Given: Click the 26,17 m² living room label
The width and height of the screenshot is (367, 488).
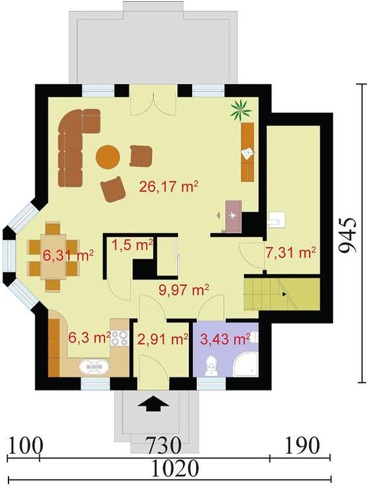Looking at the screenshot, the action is click(x=169, y=187).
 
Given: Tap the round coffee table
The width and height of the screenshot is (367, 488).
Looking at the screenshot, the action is click(x=108, y=157).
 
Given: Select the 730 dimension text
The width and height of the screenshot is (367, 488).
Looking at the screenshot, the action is click(x=163, y=446).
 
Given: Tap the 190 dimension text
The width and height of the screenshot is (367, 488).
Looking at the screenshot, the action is click(x=302, y=445).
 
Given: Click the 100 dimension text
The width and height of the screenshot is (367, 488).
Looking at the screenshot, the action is click(x=24, y=446).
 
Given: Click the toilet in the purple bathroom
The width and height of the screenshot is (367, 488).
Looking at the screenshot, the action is click(x=211, y=365).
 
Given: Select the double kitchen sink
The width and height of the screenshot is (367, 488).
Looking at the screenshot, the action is click(x=94, y=367).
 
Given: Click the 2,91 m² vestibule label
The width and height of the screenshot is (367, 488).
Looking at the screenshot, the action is click(x=163, y=339).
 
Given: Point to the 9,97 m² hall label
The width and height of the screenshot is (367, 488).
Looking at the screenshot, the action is click(x=184, y=290).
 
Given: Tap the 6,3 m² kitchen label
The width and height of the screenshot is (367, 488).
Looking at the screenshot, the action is click(x=90, y=337).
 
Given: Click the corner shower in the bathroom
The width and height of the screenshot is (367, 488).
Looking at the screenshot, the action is click(x=246, y=364).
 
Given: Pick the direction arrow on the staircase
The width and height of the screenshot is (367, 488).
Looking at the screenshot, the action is click(x=283, y=294).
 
